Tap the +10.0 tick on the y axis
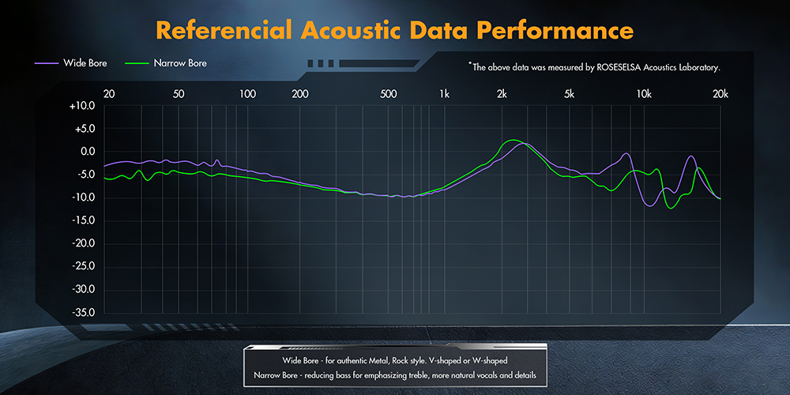(82, 105)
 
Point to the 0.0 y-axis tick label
(85, 151)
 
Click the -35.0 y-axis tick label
(82, 312)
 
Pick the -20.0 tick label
(82, 243)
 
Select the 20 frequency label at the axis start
(109, 93)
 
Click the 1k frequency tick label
(444, 93)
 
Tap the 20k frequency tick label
(720, 93)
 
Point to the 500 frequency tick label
(388, 93)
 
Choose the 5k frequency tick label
(570, 93)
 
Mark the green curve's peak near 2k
(513, 140)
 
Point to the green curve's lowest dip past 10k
(671, 208)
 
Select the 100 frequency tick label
(247, 93)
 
